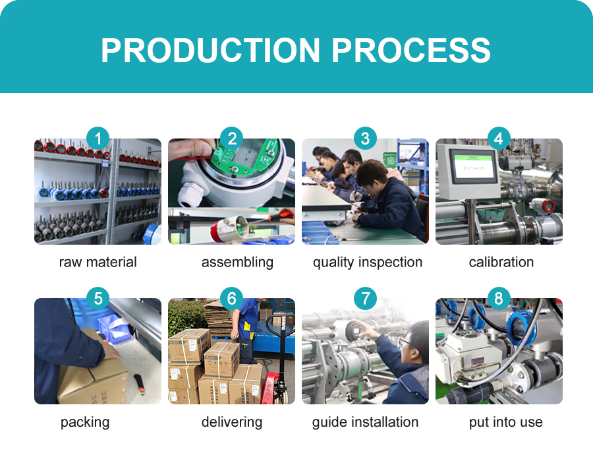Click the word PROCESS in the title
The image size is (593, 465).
tap(410, 50)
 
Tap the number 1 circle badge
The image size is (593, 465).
tap(98, 139)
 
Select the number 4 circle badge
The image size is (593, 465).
tap(499, 139)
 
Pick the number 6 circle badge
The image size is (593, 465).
tap(231, 298)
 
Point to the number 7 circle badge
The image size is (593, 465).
tap(365, 298)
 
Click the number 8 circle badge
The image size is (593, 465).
tap(499, 298)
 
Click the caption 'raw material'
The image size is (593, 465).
tap(98, 262)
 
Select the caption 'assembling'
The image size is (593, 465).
tap(237, 262)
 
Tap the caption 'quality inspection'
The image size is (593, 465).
tap(367, 262)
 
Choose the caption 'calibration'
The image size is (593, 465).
tap(501, 262)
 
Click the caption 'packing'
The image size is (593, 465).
tap(85, 422)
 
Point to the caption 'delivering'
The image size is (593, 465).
tap(231, 422)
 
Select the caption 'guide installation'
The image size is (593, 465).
tap(365, 422)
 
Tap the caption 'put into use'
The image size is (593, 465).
tap(505, 422)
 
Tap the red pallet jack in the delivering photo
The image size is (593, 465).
tap(273, 386)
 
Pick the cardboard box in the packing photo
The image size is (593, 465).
tap(92, 379)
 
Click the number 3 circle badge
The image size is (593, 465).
tap(365, 139)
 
